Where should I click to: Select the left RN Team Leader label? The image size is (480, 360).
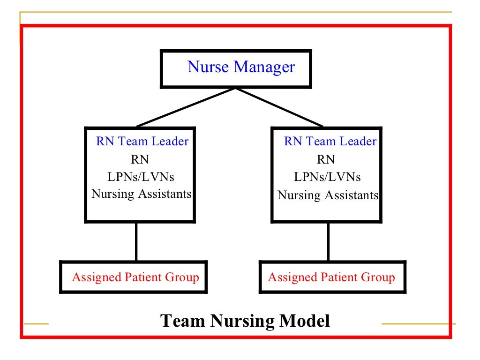142,141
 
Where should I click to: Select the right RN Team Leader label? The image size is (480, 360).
330,141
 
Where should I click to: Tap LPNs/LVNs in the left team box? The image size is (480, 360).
141,177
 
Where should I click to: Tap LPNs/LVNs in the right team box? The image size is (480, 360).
327,177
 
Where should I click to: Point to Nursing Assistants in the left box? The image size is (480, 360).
142,194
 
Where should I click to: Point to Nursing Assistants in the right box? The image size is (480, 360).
328,195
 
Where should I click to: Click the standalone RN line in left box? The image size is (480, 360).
140,159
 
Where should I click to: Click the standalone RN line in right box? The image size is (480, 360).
326,159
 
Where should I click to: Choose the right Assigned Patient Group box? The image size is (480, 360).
332,277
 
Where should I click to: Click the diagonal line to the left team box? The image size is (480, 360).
185,107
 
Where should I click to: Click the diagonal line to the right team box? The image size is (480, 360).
279,107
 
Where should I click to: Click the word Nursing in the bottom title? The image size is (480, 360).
242,322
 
